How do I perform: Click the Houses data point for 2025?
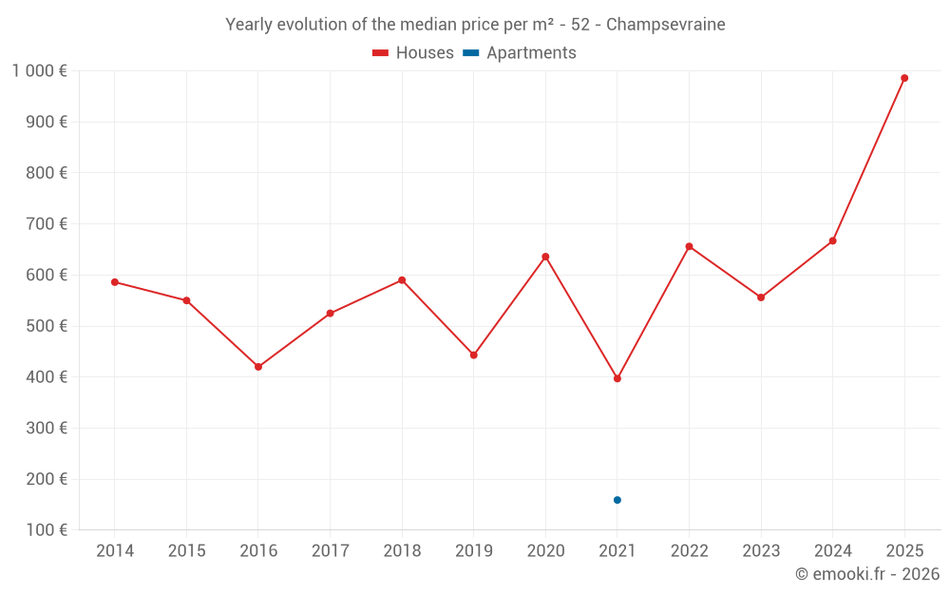click(x=904, y=78)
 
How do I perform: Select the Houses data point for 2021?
click(x=617, y=378)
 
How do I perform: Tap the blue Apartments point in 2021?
click(x=617, y=500)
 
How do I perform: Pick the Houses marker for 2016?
click(x=258, y=367)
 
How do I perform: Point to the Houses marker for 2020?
click(x=545, y=257)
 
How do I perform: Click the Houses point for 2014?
click(x=115, y=282)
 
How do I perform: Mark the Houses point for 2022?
click(x=689, y=246)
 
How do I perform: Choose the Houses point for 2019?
click(x=474, y=355)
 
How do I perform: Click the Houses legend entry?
click(x=413, y=53)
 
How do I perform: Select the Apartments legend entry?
click(x=520, y=53)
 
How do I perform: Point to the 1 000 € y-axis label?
click(x=40, y=71)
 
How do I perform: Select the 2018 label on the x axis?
click(x=402, y=551)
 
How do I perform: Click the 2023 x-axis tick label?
click(x=761, y=551)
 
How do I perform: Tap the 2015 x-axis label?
click(x=186, y=551)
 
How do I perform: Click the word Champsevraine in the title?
click(x=665, y=25)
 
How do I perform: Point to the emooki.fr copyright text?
click(x=867, y=574)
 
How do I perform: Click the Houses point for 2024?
click(x=833, y=241)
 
